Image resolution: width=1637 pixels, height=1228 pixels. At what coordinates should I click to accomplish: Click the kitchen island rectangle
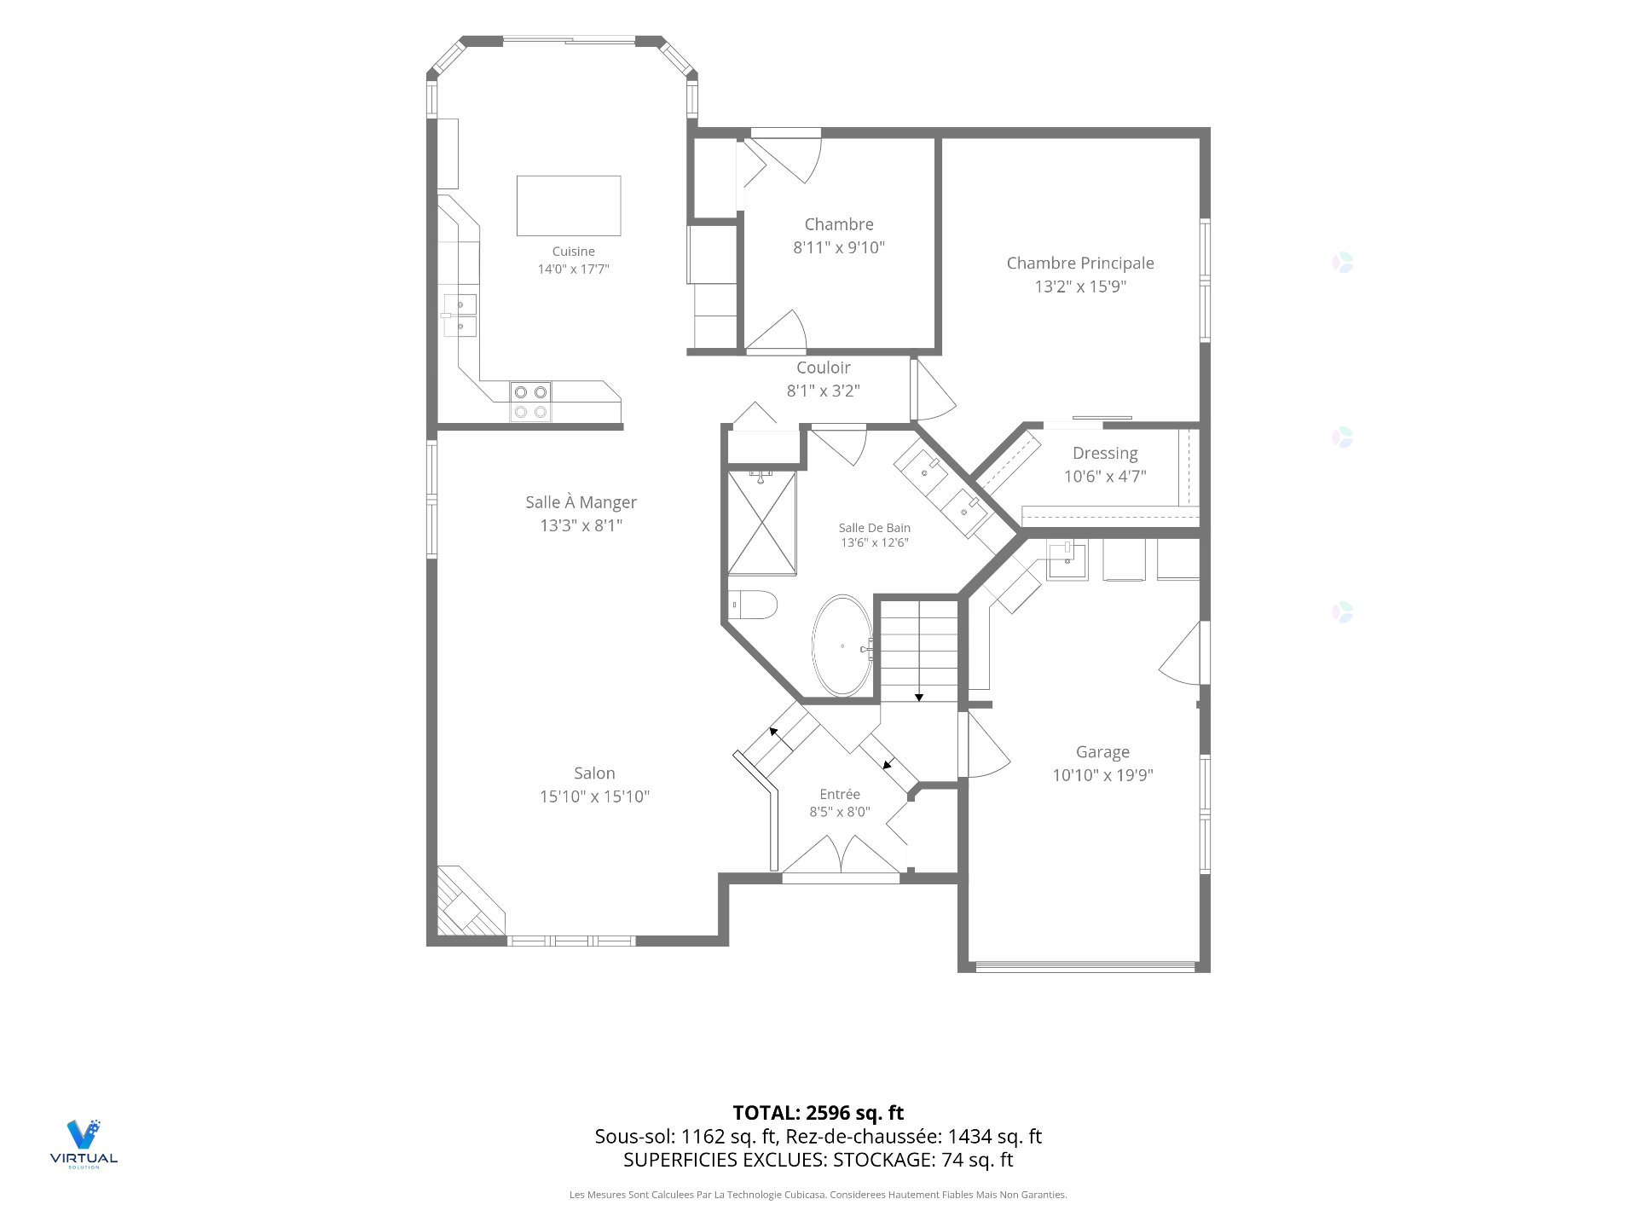pos(569,206)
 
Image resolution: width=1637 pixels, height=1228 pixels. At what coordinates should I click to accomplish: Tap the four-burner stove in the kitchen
pos(530,402)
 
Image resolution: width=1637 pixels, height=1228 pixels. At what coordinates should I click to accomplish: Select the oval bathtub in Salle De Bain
pos(842,646)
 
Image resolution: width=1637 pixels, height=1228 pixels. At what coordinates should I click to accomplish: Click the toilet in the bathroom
pos(754,605)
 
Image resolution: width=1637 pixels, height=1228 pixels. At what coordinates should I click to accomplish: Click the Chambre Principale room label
pos(1080,264)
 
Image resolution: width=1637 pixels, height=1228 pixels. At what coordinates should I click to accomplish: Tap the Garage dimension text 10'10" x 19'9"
pos(1102,775)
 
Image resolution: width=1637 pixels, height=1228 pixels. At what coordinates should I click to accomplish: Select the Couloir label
pos(824,368)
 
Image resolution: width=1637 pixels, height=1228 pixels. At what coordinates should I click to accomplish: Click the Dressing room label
pos(1105,454)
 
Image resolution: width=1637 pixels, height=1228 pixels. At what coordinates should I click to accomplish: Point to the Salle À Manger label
pos(581,502)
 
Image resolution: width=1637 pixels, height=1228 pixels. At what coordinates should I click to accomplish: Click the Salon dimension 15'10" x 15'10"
pos(594,796)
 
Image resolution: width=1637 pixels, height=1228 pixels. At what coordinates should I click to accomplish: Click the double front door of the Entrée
pos(841,854)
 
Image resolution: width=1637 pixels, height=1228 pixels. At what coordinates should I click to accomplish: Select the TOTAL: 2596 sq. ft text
pos(818,1113)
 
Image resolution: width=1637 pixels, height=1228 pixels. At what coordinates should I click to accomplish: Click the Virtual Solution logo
pos(84,1144)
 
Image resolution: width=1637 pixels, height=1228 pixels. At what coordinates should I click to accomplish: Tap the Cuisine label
pos(573,252)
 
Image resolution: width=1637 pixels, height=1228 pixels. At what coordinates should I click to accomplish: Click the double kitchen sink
pos(460,316)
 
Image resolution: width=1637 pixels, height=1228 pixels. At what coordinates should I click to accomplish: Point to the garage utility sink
pos(1067,560)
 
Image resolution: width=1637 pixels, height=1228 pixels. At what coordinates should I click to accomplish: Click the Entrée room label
pos(840,794)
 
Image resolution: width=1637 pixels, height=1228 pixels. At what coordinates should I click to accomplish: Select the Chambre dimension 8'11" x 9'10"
pos(839,247)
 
